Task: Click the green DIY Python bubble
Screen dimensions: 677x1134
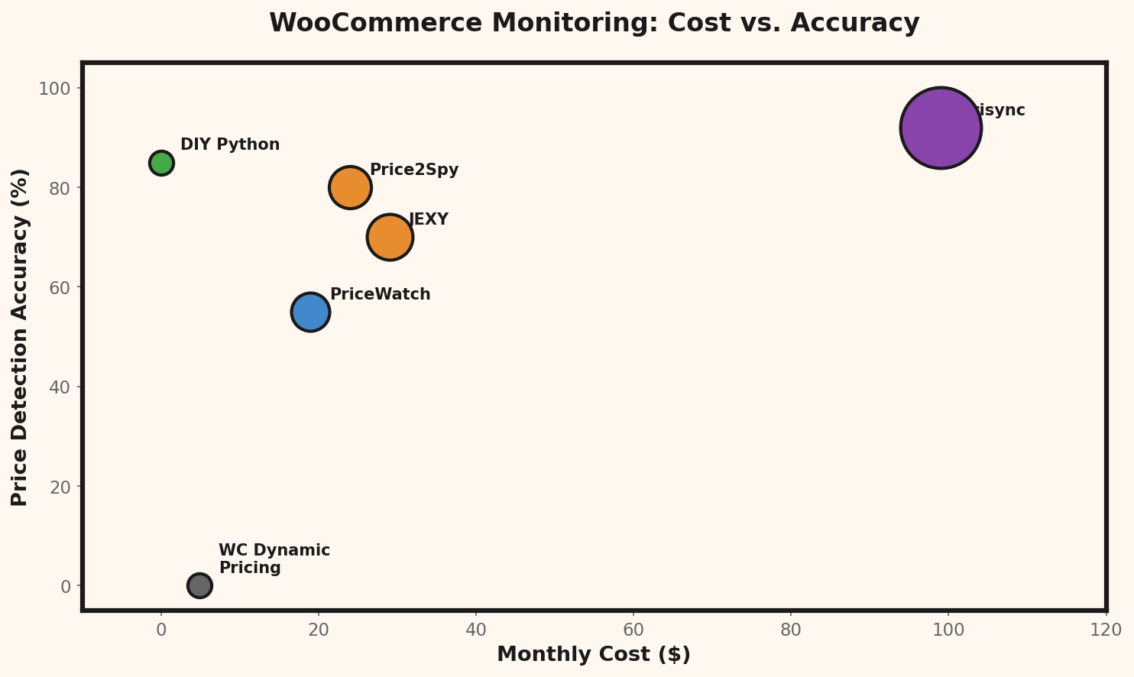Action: [x=161, y=163]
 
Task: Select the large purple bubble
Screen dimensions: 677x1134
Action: [x=941, y=128]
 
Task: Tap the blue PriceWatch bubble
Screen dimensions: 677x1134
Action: [x=310, y=312]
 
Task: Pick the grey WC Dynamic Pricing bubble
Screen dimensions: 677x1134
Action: [x=199, y=585]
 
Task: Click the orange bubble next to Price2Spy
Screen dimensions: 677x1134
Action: [x=350, y=187]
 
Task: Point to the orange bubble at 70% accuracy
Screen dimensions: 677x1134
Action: [x=390, y=237]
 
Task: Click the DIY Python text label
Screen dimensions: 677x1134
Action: [x=230, y=144]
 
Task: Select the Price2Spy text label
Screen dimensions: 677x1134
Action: [x=414, y=170]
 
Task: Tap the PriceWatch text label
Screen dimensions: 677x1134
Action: [x=380, y=294]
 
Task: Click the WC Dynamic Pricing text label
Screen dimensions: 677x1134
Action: [x=274, y=559]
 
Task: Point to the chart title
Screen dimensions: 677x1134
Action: [x=594, y=23]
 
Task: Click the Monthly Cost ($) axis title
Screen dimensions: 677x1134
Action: [x=594, y=655]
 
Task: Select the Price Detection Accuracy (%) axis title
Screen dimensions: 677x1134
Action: [x=20, y=337]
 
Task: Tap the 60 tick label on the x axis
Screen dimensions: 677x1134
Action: [x=633, y=630]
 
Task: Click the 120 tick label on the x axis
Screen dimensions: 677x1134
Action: [x=1106, y=630]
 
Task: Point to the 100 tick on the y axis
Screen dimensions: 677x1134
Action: [x=54, y=89]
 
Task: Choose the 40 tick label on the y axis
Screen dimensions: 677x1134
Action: [x=60, y=387]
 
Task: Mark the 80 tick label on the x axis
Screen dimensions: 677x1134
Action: [x=791, y=630]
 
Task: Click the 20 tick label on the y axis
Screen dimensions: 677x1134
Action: [x=60, y=487]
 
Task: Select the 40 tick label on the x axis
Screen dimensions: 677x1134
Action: [x=476, y=630]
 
